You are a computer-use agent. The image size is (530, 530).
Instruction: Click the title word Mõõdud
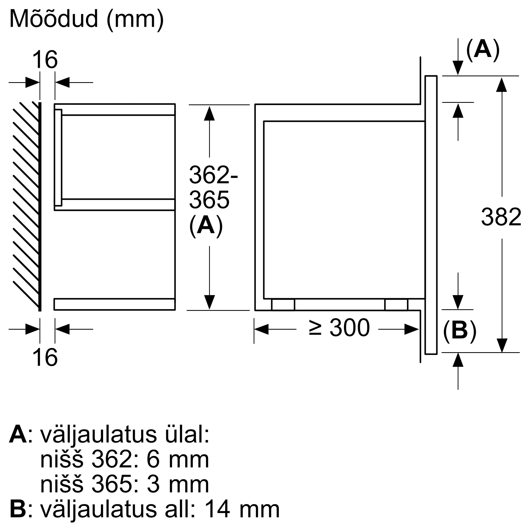54,19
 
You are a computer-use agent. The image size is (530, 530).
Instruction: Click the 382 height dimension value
501,217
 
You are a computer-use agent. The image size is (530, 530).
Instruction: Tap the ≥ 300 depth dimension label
339,328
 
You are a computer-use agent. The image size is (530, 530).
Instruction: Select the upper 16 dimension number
45,60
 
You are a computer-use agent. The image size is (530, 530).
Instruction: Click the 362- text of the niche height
213,175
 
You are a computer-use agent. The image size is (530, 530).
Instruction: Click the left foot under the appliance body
283,304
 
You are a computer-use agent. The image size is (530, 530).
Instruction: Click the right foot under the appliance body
396,304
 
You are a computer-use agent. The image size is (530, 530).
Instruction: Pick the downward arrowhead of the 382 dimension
501,345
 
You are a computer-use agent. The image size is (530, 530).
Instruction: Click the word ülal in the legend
187,435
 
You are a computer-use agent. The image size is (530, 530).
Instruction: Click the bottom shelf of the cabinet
114,304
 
